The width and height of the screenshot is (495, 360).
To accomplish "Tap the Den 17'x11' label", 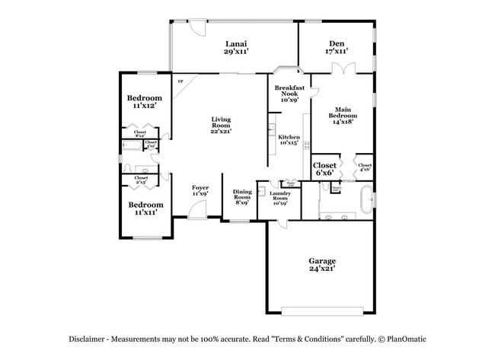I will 337,47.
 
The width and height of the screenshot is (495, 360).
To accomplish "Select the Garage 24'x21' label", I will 322,264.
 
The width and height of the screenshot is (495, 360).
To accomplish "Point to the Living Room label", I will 221,125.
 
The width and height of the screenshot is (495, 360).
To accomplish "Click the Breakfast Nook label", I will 289,94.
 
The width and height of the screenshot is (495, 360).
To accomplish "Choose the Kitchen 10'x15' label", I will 289,139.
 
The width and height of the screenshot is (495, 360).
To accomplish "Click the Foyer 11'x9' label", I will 200,190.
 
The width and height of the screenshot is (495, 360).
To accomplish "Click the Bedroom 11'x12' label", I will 144,102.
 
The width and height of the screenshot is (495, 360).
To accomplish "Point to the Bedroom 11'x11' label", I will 145,209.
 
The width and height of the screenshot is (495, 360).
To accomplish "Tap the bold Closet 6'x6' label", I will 324,169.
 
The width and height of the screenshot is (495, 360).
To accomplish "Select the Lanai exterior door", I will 197,27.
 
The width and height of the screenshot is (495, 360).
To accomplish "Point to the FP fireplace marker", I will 180,81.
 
